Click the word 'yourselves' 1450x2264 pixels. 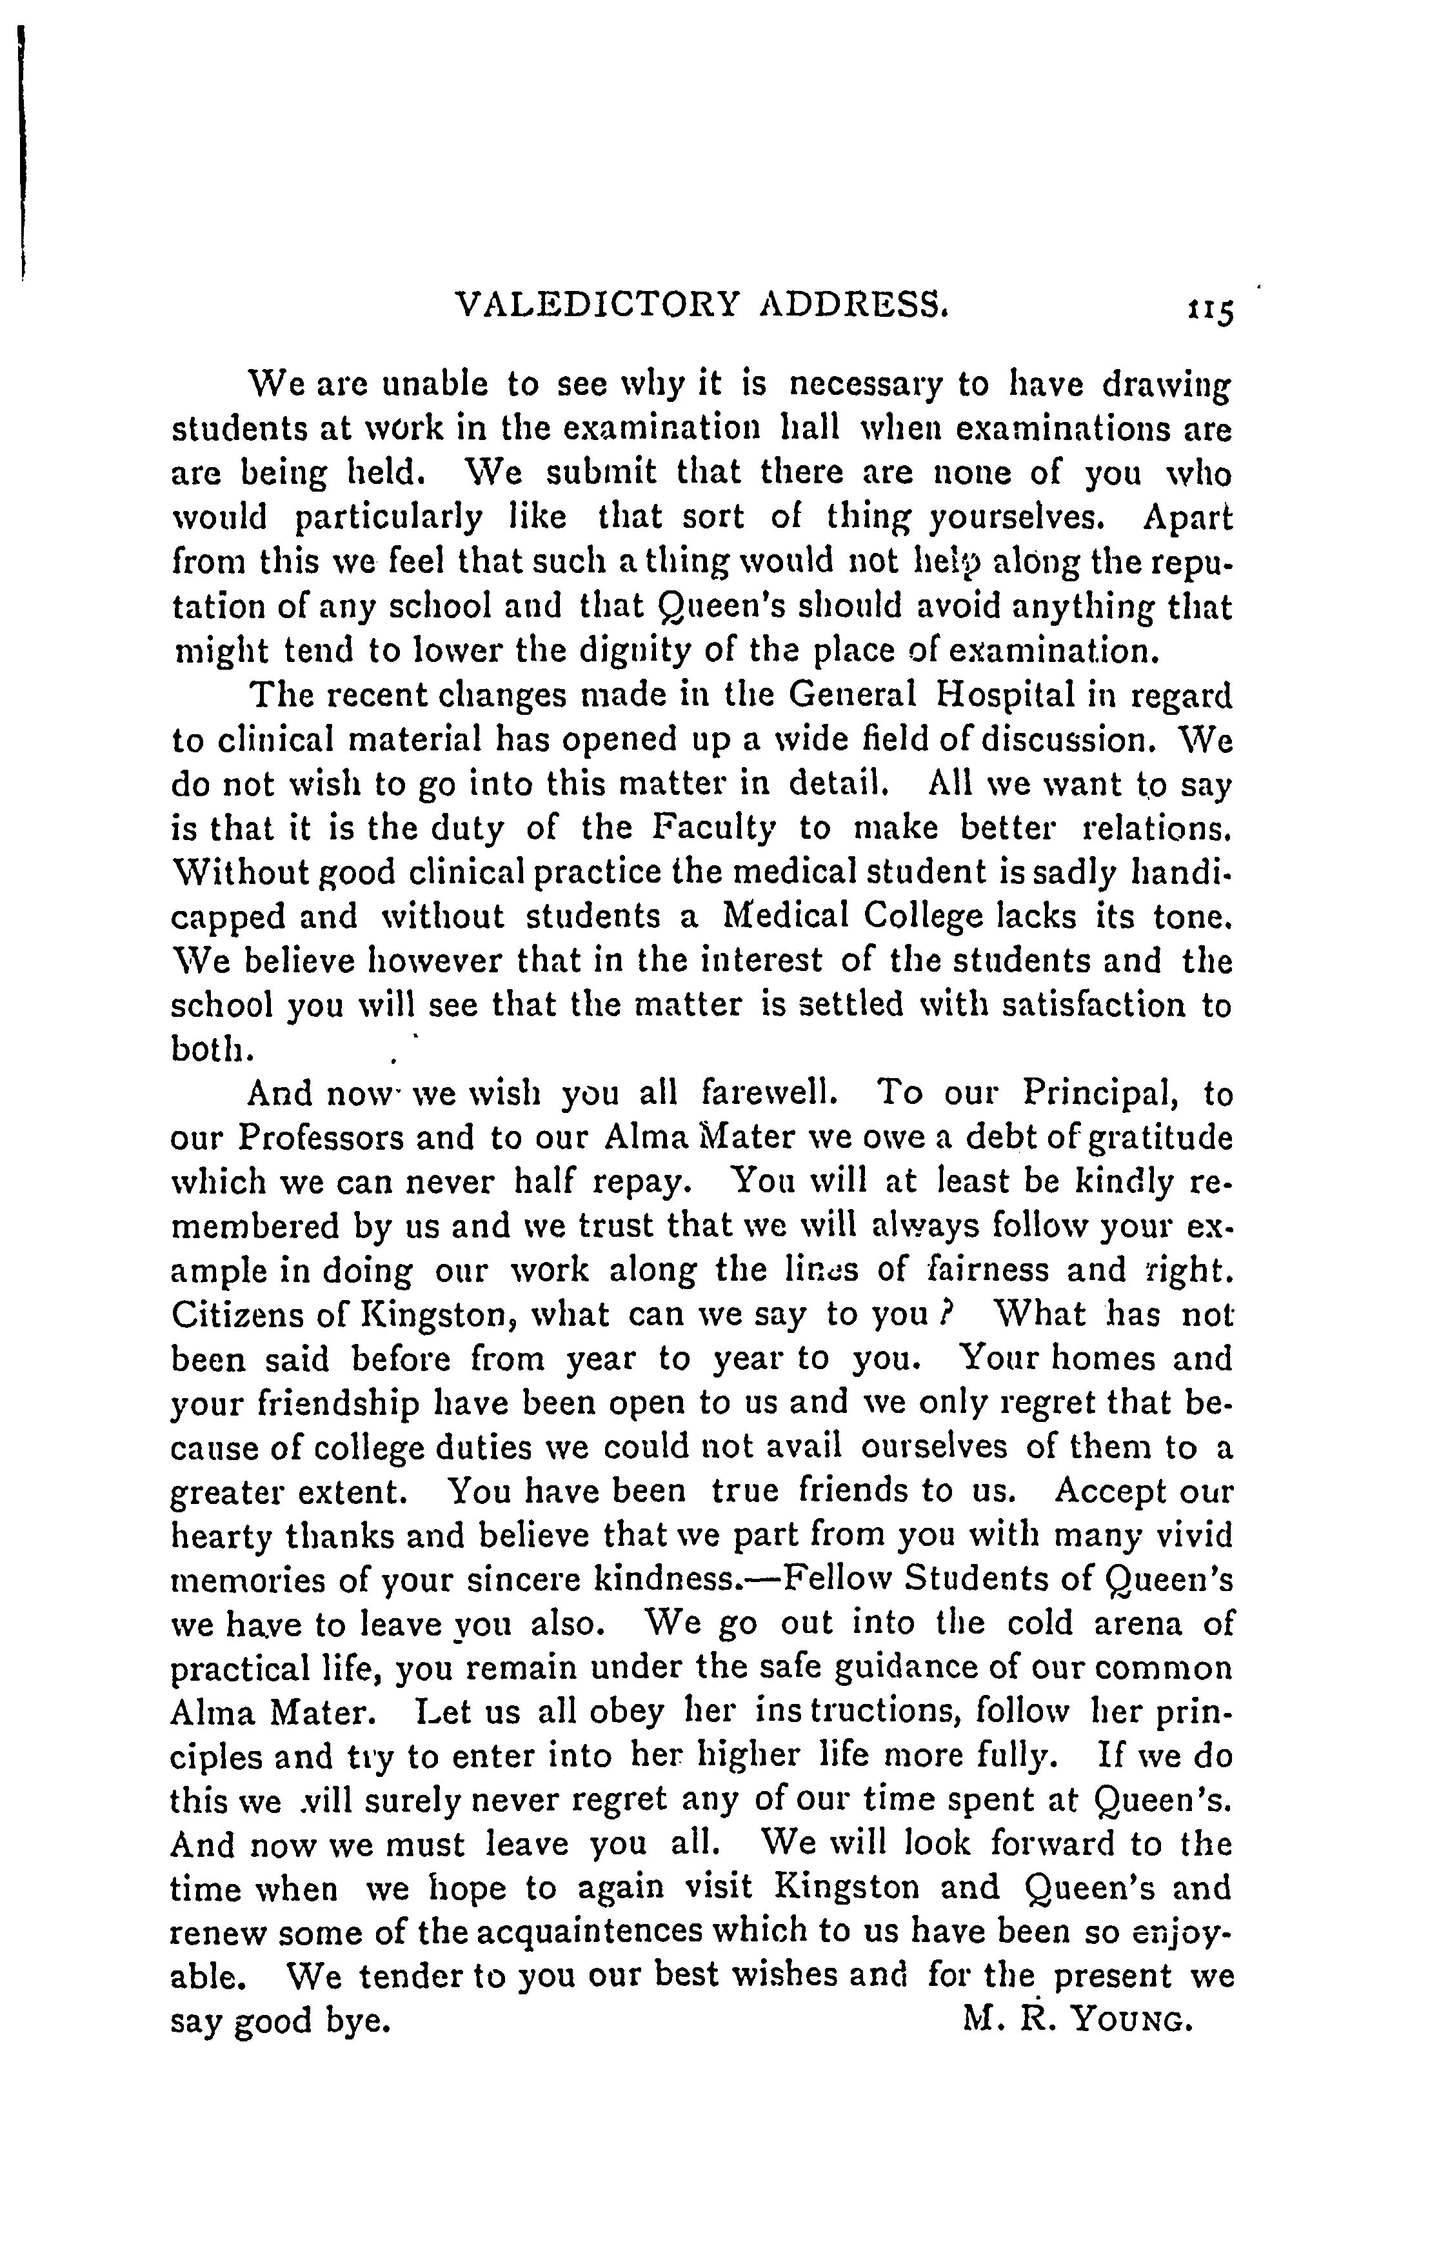pyautogui.click(x=1012, y=518)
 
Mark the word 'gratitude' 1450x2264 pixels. pyautogui.click(x=1160, y=1139)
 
